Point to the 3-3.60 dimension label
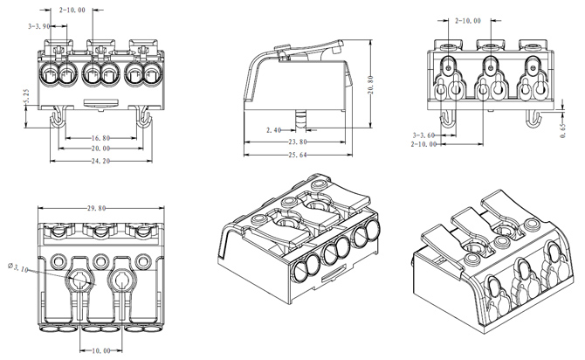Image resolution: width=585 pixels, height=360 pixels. (425, 135)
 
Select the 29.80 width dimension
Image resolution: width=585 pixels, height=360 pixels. (97, 209)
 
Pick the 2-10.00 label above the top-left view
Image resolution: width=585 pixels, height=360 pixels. (72, 10)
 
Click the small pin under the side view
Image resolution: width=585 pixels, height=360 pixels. (300, 117)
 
